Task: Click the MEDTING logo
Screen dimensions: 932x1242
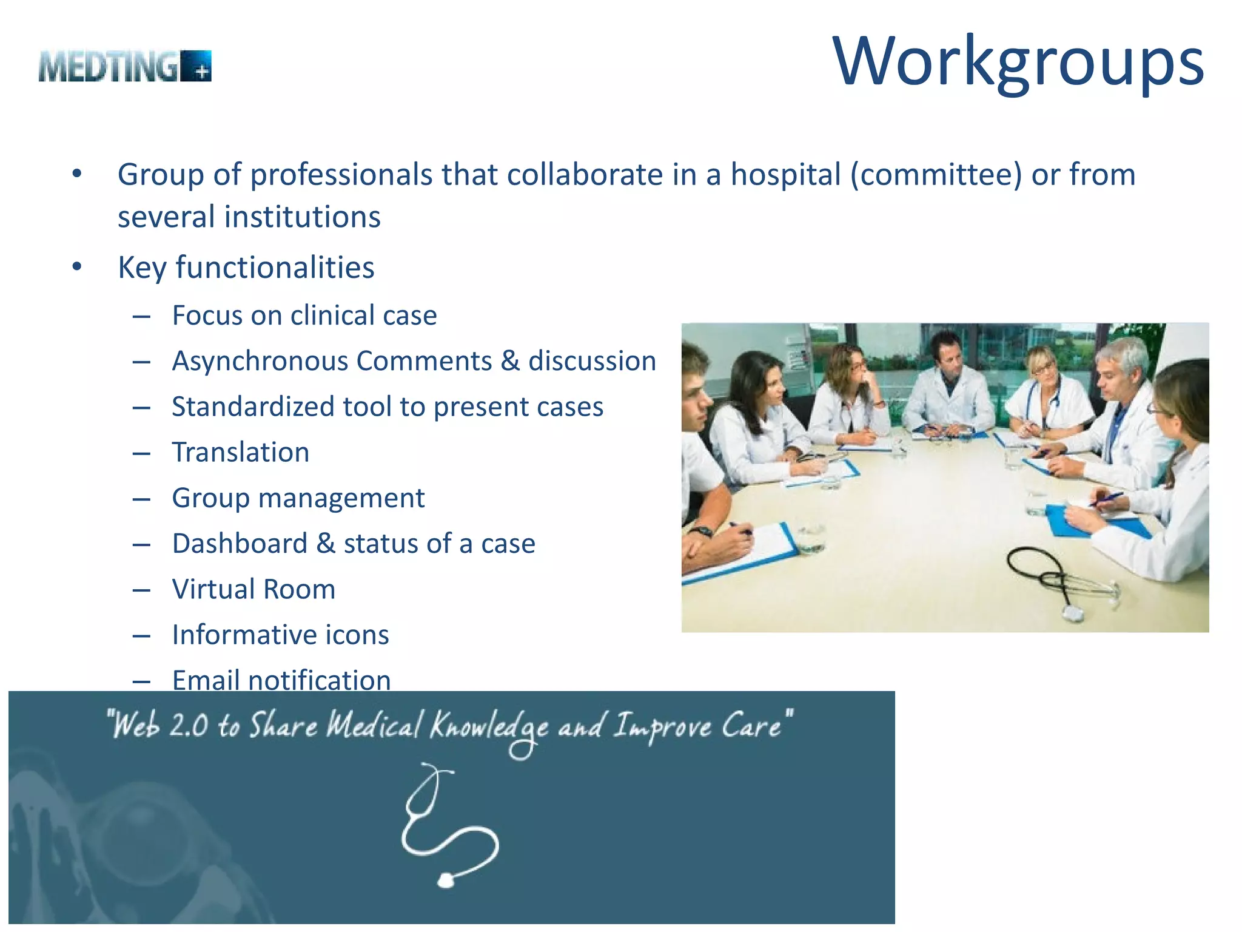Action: (125, 66)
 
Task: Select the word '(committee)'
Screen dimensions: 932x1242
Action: (936, 175)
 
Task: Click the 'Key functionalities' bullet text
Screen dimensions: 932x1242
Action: (246, 268)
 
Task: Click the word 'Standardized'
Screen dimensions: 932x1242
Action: (252, 407)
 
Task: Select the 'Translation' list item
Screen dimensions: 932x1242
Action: (241, 453)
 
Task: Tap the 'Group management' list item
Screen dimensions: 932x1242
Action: (298, 498)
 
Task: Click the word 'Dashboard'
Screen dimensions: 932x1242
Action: (240, 544)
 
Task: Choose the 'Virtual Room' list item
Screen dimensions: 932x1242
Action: (253, 589)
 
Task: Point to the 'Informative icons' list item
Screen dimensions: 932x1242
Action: (280, 635)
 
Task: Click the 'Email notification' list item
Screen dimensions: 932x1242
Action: (281, 680)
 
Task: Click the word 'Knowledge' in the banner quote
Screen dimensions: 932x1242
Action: (489, 726)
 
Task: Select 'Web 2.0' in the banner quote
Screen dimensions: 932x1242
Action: (161, 725)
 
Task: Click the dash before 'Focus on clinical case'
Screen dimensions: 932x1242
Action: (141, 316)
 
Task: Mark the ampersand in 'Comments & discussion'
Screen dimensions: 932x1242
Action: (510, 361)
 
